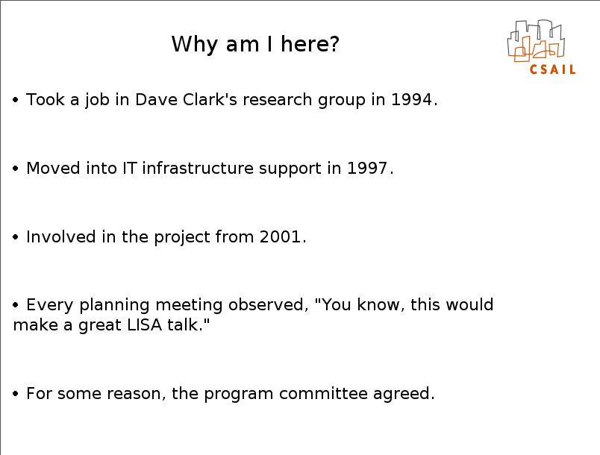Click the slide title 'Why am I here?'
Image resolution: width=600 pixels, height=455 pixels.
click(x=255, y=44)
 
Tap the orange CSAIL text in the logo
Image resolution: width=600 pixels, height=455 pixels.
click(x=552, y=69)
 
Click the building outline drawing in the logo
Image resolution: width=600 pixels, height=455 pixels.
click(x=536, y=40)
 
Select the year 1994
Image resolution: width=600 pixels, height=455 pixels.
click(x=411, y=99)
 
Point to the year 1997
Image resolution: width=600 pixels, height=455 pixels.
click(x=367, y=169)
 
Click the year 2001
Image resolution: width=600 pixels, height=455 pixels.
click(x=280, y=236)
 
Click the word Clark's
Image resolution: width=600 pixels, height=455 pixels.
click(x=210, y=99)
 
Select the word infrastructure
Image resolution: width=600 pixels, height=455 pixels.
click(x=198, y=169)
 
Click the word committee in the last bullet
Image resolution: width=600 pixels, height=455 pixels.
click(x=323, y=393)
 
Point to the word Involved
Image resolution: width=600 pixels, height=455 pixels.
click(x=61, y=236)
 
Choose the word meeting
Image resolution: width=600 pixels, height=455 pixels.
click(x=189, y=305)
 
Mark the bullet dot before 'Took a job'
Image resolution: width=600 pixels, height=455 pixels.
click(x=16, y=100)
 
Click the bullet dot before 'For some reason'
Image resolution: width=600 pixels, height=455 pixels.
click(x=16, y=393)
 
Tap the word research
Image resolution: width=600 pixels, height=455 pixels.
click(x=278, y=99)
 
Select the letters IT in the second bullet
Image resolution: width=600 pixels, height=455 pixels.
click(x=130, y=169)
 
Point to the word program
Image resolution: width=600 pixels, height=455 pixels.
click(x=238, y=394)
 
